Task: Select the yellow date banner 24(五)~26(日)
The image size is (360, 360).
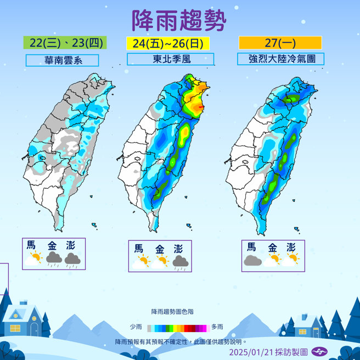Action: tap(170, 43)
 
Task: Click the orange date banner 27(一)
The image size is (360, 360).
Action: tap(280, 43)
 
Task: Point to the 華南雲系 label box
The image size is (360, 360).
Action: tap(61, 60)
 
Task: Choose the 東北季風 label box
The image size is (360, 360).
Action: tap(170, 59)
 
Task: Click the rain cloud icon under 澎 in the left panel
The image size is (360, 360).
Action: tap(72, 258)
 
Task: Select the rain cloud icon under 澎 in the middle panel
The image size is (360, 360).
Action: tap(179, 262)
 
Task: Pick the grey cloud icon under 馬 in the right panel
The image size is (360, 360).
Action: tap(251, 260)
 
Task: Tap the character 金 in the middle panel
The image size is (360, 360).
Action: tap(159, 249)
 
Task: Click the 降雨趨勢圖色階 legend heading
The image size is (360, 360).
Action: tap(172, 312)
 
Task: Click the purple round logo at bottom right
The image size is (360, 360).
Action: tap(319, 352)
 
